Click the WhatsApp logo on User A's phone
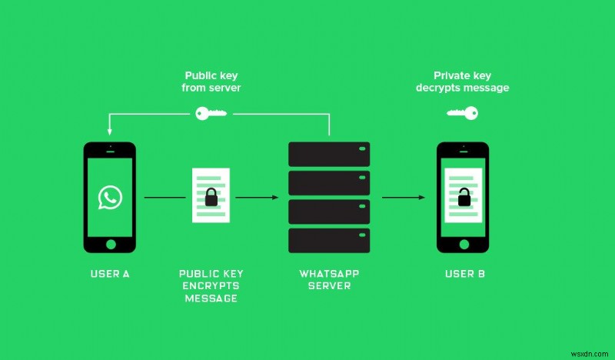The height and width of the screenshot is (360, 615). pyautogui.click(x=110, y=198)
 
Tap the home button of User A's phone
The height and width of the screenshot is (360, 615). pyautogui.click(x=110, y=244)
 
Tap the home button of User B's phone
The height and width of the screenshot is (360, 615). pyautogui.click(x=464, y=244)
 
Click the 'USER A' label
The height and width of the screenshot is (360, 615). pyautogui.click(x=110, y=274)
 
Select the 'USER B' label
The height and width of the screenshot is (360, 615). pyautogui.click(x=464, y=274)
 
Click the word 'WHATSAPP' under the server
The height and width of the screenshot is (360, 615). pyautogui.click(x=328, y=274)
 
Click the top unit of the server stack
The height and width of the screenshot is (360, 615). pyautogui.click(x=329, y=153)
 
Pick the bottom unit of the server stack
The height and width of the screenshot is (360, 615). pyautogui.click(x=329, y=239)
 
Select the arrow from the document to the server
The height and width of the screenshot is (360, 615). pyautogui.click(x=256, y=198)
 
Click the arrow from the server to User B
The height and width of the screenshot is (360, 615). pyautogui.click(x=404, y=198)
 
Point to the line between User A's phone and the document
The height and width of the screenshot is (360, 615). pyautogui.click(x=165, y=198)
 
